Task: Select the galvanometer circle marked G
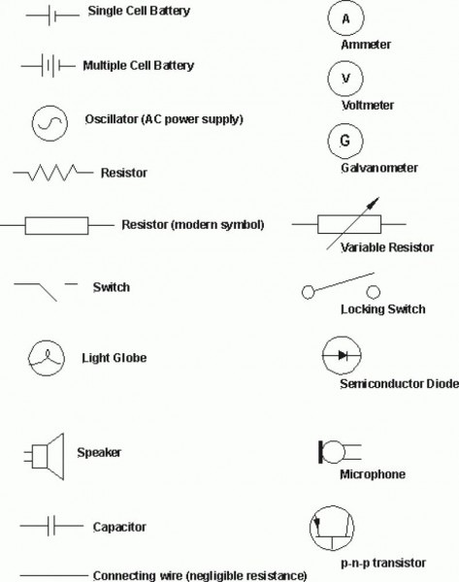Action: click(x=344, y=141)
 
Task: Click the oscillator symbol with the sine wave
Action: click(x=48, y=120)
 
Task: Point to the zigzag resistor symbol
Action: click(x=50, y=174)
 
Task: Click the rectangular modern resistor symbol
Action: click(x=56, y=226)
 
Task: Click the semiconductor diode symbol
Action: click(x=341, y=355)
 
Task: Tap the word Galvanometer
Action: click(x=379, y=168)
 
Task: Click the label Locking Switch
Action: click(x=382, y=309)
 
